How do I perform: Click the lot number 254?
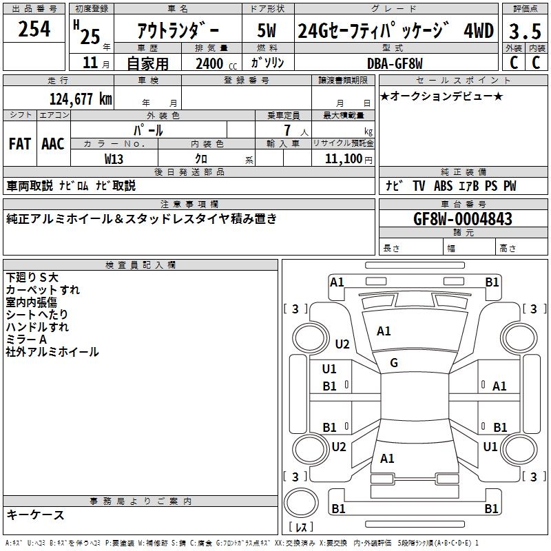[x=34, y=29]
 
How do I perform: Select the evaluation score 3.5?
[x=523, y=32]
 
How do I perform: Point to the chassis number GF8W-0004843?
[x=463, y=219]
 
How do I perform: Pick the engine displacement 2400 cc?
[x=214, y=64]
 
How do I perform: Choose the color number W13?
[x=114, y=158]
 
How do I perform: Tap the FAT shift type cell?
[x=20, y=143]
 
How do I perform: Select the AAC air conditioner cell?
[x=53, y=143]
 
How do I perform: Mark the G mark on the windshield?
[x=394, y=363]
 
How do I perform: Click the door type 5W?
[x=267, y=31]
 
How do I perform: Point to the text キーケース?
[x=36, y=514]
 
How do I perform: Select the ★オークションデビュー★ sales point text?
[x=441, y=96]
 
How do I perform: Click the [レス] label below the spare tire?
[x=301, y=528]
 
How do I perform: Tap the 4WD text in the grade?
[x=479, y=31]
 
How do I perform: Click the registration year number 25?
[x=90, y=36]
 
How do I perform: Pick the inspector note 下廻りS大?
[x=32, y=277]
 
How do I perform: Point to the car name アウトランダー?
[x=178, y=31]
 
